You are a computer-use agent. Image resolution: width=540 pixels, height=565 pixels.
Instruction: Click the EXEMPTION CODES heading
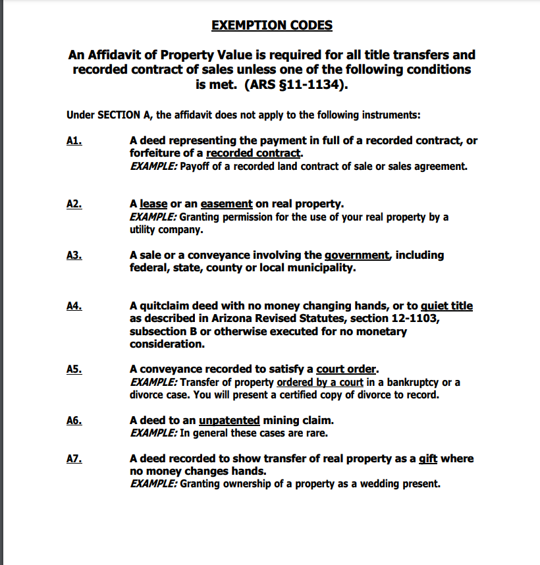click(272, 26)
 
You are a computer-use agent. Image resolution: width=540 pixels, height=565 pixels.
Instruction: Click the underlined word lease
click(153, 204)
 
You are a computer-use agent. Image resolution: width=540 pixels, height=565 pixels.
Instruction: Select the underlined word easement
click(227, 204)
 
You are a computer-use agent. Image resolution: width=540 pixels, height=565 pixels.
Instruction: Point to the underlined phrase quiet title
click(446, 306)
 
